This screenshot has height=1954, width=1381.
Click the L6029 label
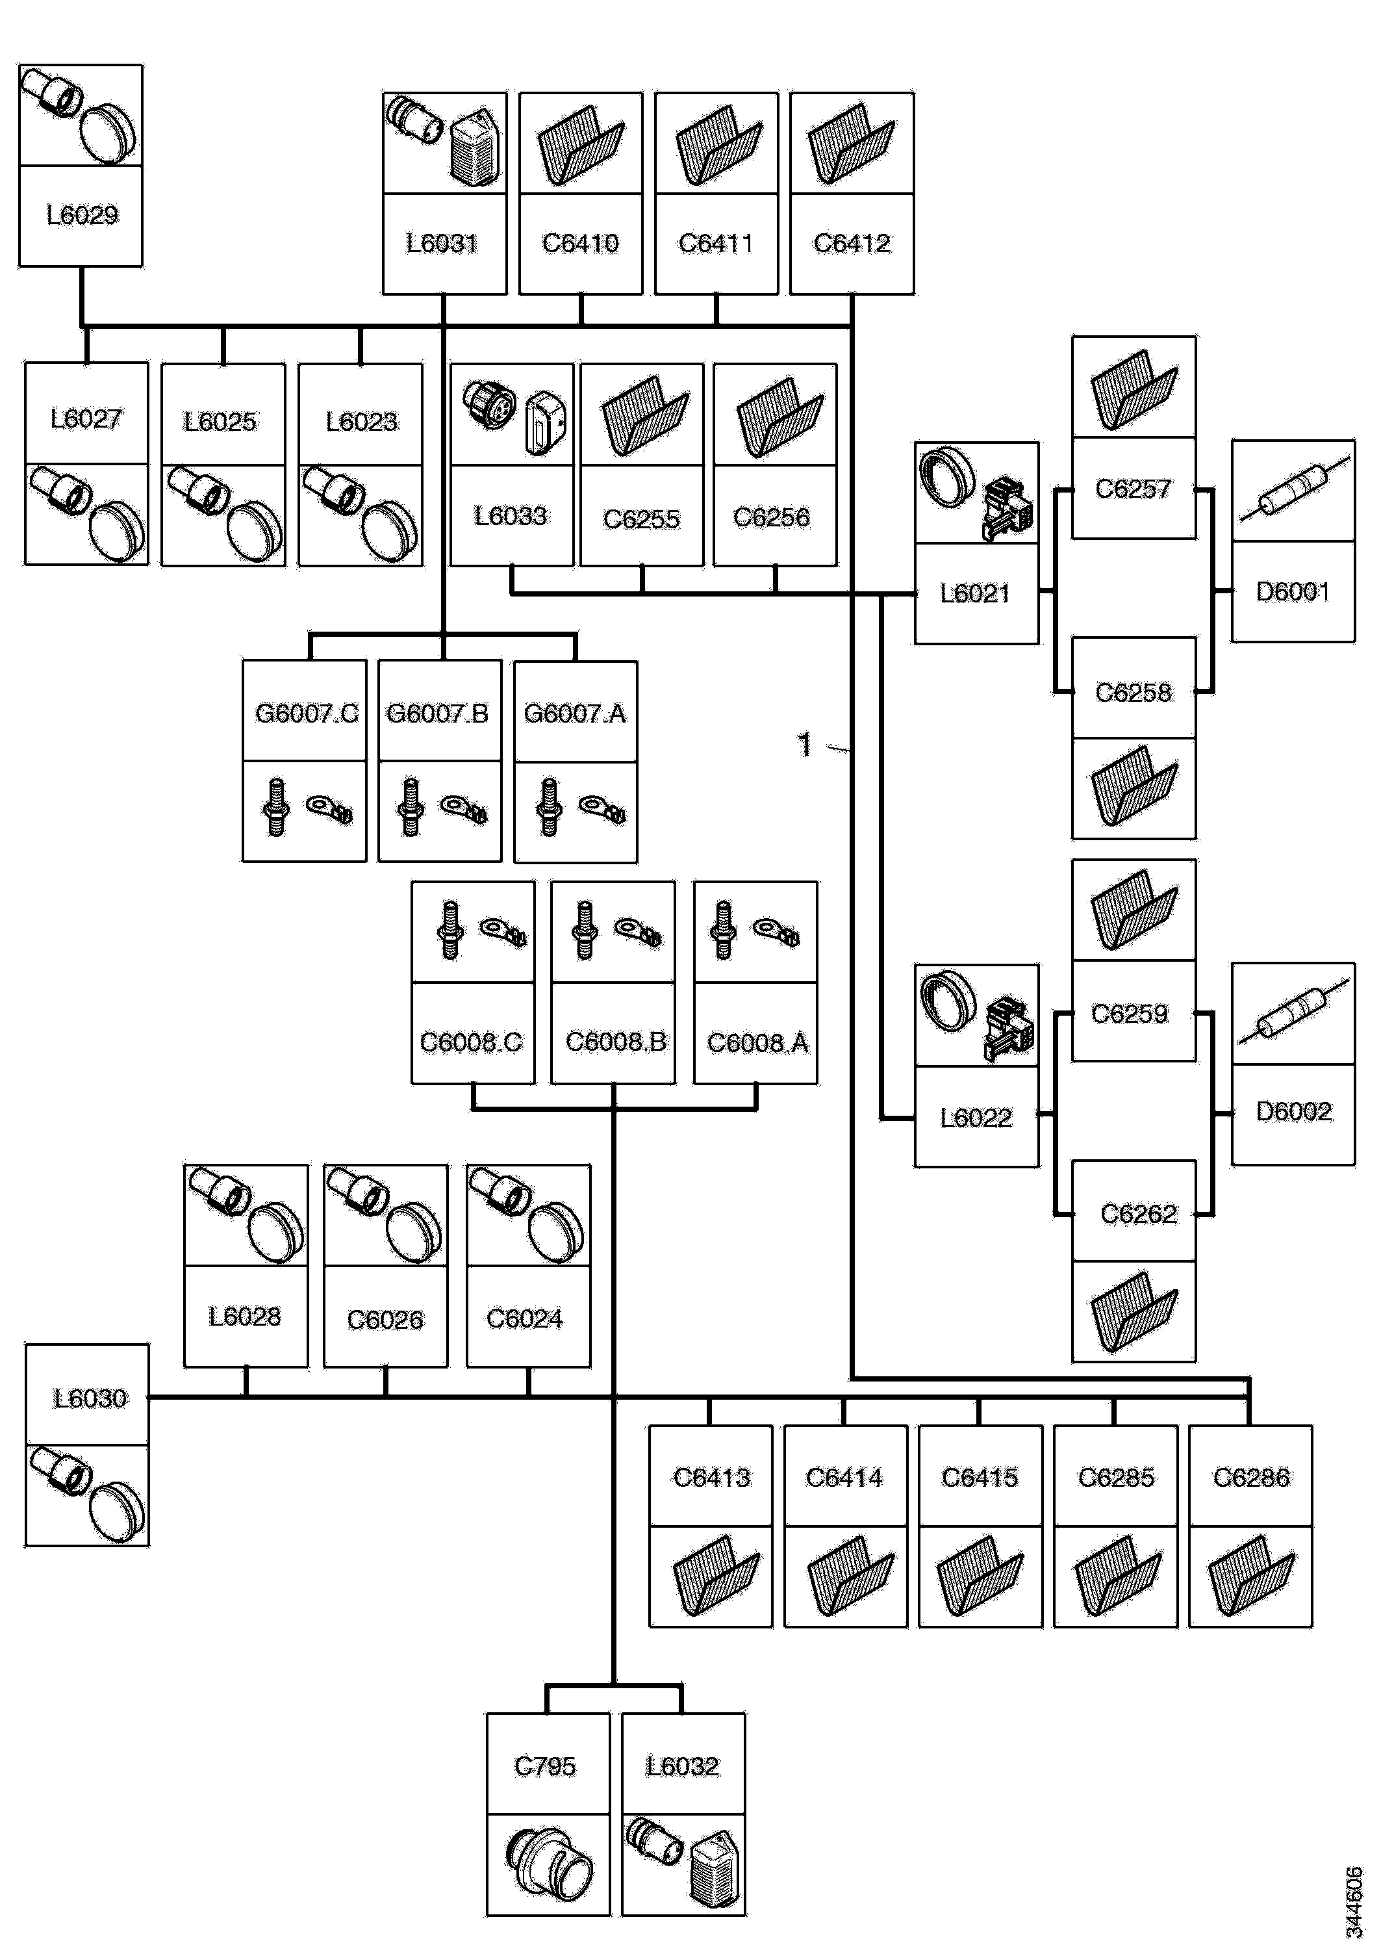coord(82,215)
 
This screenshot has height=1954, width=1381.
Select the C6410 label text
coord(580,244)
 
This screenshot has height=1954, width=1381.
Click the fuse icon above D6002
coord(1293,1014)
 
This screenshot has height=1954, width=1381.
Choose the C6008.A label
coord(757,1042)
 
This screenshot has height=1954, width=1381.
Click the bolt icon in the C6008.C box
coord(451,931)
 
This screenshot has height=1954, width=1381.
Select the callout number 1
coord(804,745)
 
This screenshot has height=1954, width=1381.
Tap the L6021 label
coord(975,593)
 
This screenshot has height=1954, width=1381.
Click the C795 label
coord(546,1767)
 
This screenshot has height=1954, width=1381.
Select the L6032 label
coord(683,1767)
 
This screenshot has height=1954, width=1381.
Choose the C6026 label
coord(385,1320)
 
